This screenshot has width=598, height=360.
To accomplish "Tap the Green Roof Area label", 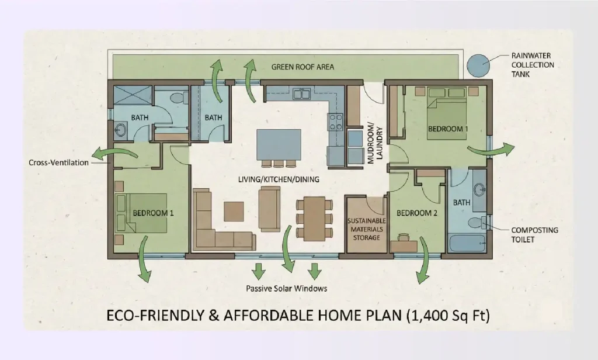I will [x=303, y=67].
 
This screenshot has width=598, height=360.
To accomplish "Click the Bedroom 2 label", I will [x=417, y=213].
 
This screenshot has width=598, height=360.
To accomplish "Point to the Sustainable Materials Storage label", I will [x=367, y=229].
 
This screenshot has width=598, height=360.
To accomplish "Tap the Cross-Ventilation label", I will [x=58, y=162].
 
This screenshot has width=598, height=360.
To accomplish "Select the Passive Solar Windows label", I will [x=286, y=288].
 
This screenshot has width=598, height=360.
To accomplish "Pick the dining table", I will [x=314, y=218].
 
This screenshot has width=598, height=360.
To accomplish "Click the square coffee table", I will [x=234, y=211].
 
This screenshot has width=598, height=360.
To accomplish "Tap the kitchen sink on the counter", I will [x=301, y=93].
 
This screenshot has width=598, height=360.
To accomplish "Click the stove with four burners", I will [x=336, y=122].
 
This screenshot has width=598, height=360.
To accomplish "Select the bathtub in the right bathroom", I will [x=467, y=243].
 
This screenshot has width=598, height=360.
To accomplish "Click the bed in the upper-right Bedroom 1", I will [x=447, y=114].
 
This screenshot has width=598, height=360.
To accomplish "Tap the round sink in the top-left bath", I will [x=121, y=130].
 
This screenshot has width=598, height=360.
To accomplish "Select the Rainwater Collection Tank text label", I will [x=532, y=65].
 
